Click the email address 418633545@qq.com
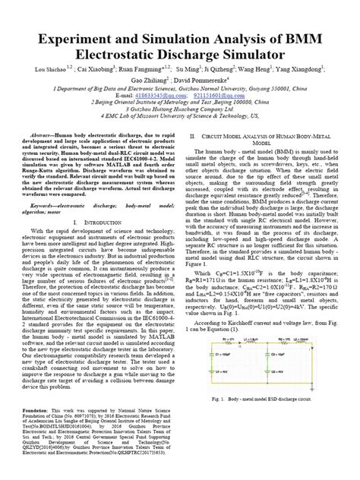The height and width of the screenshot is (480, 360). pyautogui.click(x=126, y=96)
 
